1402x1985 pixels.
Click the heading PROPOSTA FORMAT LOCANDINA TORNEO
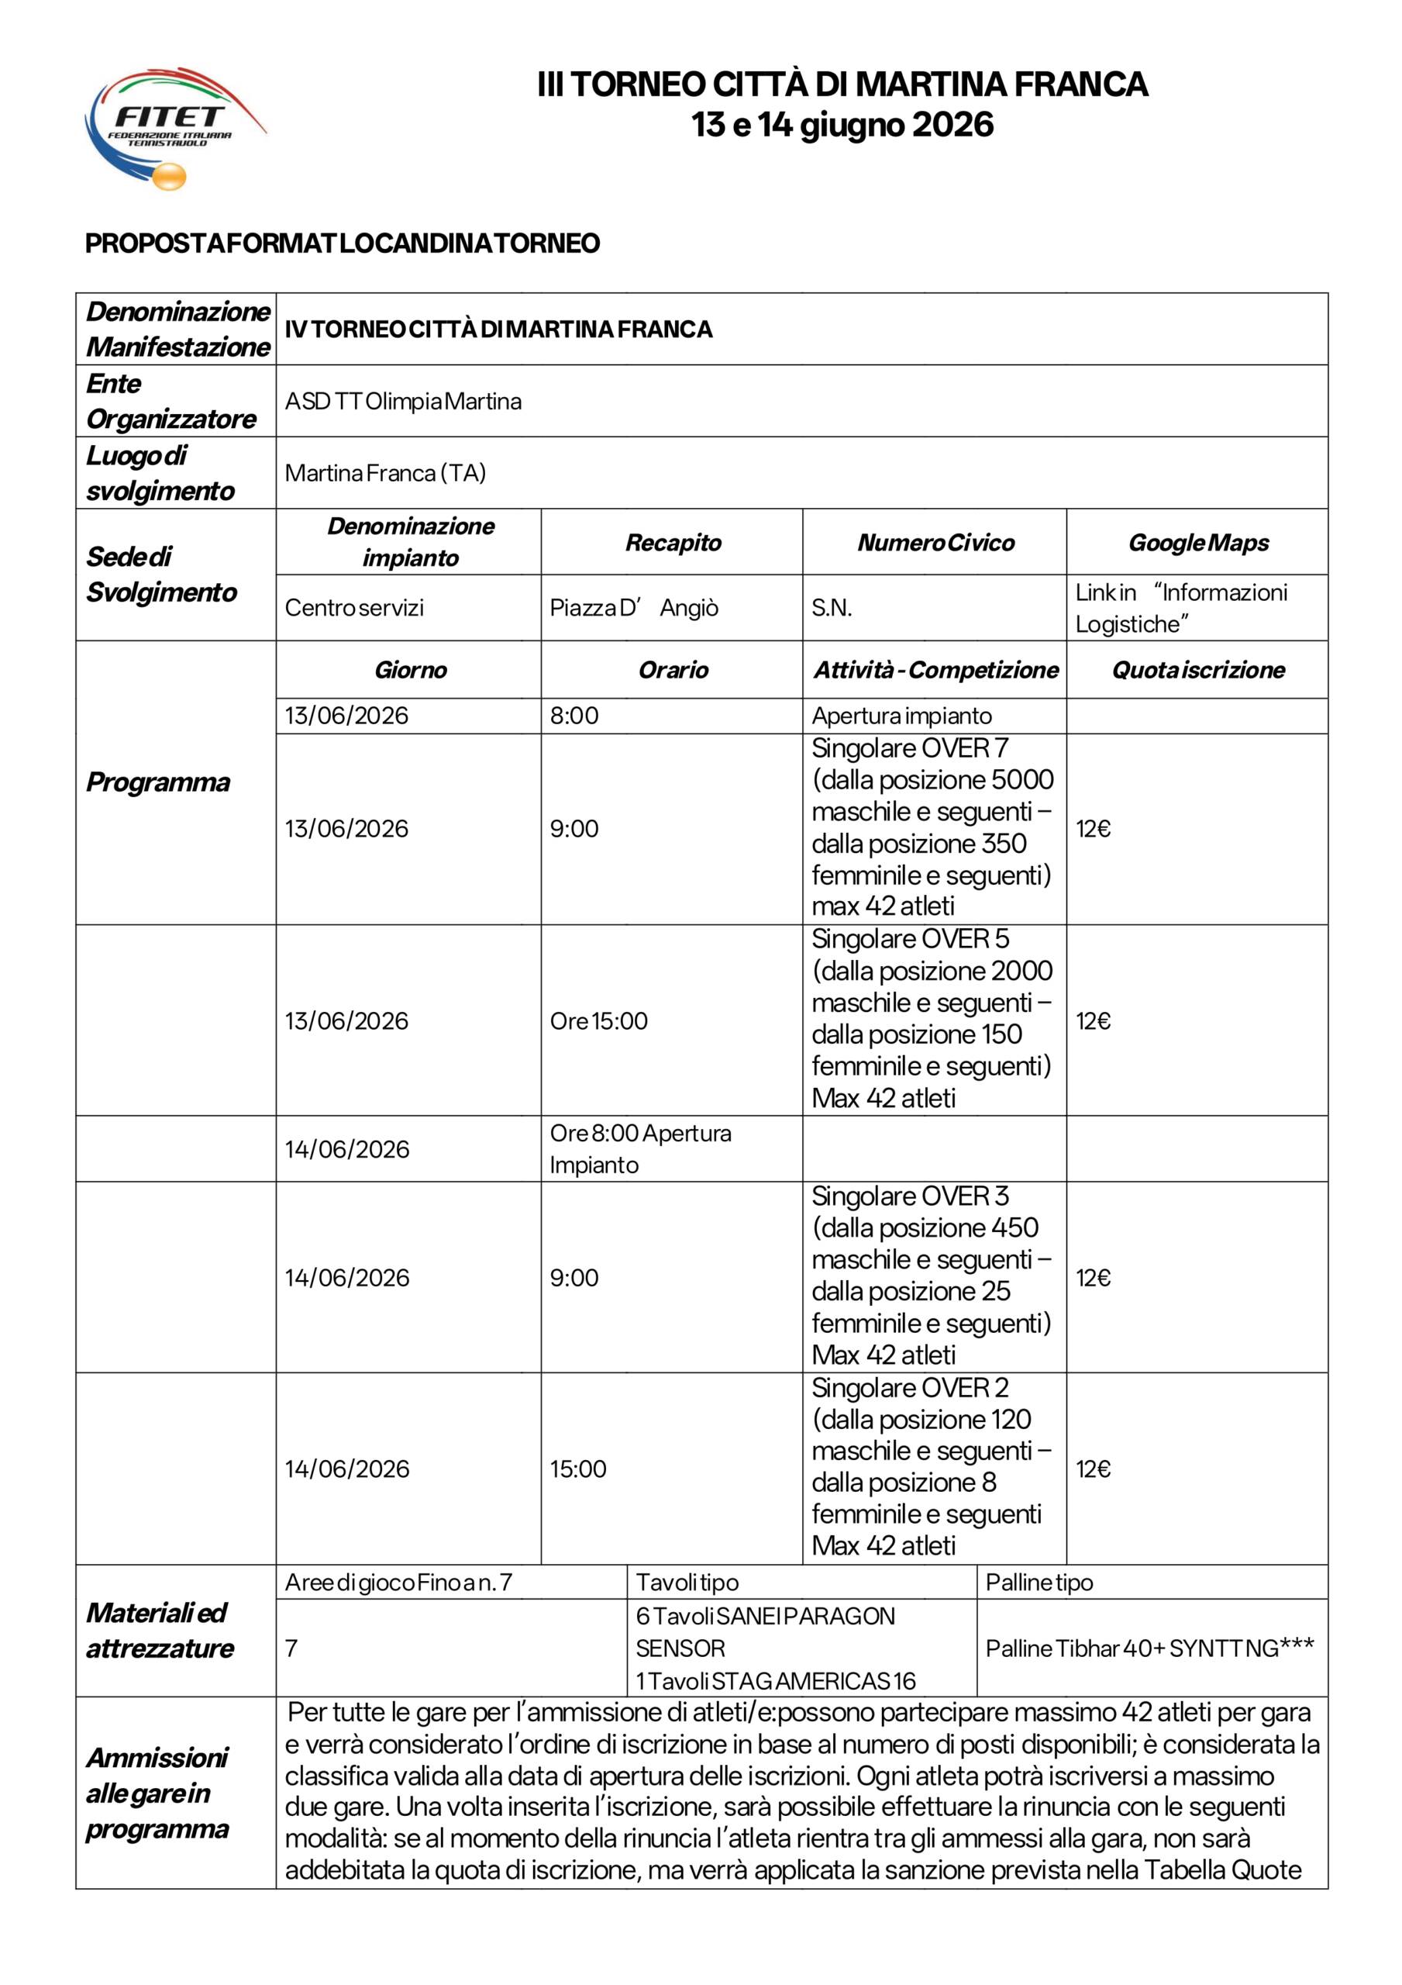point(343,243)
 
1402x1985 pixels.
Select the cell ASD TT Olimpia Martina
point(403,401)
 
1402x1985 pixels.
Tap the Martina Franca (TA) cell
point(385,473)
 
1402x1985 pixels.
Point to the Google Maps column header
point(1198,543)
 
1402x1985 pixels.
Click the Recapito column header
point(673,543)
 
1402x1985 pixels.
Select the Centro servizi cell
point(354,608)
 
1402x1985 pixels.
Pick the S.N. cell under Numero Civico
point(832,608)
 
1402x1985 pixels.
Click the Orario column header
point(673,670)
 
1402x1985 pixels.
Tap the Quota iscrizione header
point(1198,670)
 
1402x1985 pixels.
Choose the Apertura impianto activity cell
point(901,716)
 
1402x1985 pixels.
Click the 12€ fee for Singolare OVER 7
point(1094,829)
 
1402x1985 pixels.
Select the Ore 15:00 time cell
point(598,1021)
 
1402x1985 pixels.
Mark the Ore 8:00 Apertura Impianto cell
point(639,1149)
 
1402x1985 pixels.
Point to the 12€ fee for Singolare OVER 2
point(1094,1469)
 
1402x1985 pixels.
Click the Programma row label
point(158,782)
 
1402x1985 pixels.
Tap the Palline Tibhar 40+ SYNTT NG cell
point(1149,1648)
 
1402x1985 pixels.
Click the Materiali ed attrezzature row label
point(160,1631)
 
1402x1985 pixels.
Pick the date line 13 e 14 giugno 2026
point(842,125)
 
